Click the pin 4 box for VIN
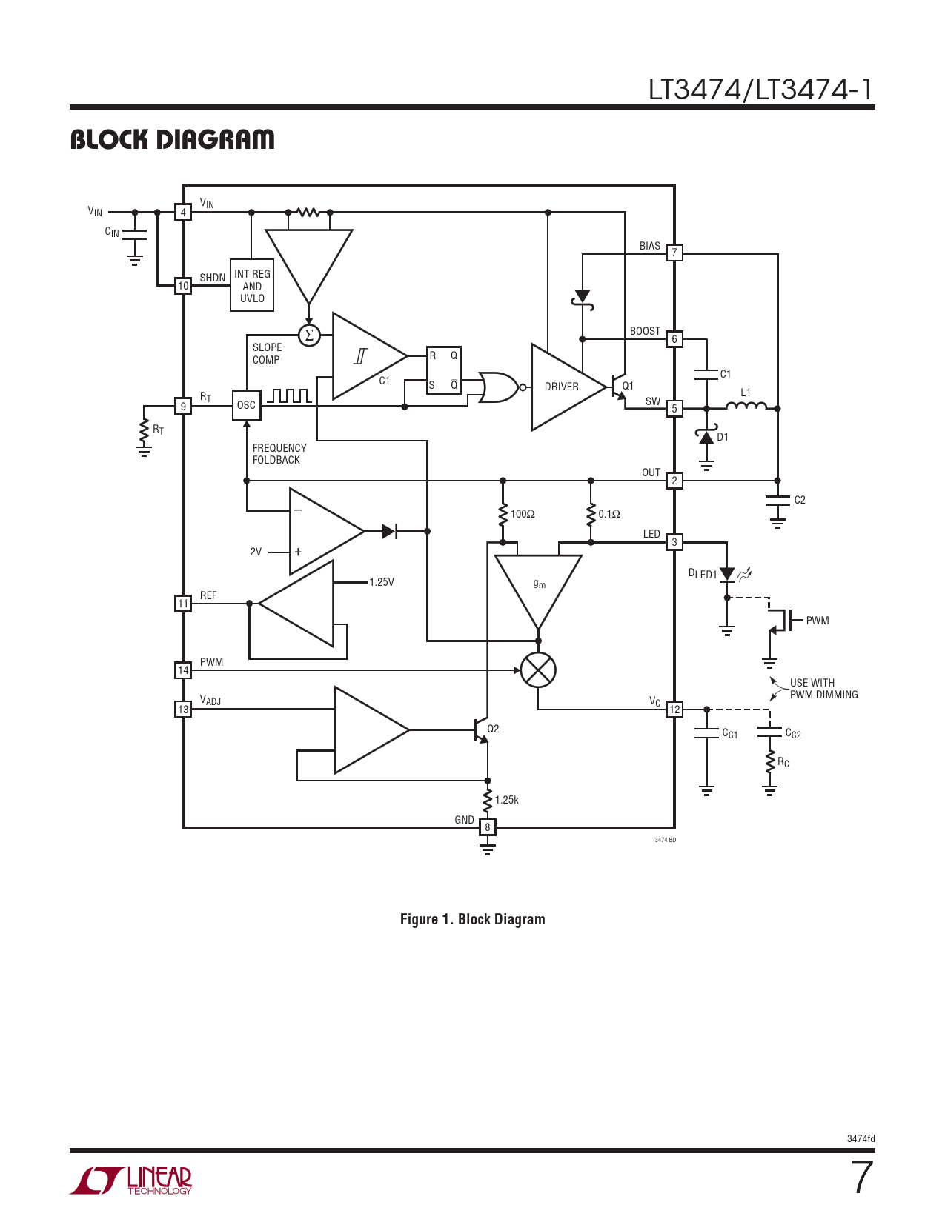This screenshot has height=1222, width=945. (183, 213)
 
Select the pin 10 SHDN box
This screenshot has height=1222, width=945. (183, 286)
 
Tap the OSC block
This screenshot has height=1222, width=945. (247, 405)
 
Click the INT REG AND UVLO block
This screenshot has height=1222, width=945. (252, 286)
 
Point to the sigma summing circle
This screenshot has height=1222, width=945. (309, 335)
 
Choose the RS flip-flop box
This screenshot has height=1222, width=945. (443, 370)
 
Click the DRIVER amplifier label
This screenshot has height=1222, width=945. (561, 387)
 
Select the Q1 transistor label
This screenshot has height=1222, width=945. (628, 386)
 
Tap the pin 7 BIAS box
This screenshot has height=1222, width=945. (674, 253)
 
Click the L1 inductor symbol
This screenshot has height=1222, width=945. (746, 405)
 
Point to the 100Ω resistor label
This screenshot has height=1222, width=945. (523, 514)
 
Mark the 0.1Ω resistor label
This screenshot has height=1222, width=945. (609, 514)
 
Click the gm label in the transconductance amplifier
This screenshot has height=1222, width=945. (539, 584)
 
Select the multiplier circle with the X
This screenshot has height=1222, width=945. (538, 670)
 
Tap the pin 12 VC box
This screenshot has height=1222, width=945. (674, 710)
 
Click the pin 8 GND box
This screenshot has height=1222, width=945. (488, 827)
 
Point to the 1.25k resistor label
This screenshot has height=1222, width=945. (506, 800)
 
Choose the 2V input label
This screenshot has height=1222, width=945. (256, 552)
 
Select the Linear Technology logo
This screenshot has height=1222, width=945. (130, 1181)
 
